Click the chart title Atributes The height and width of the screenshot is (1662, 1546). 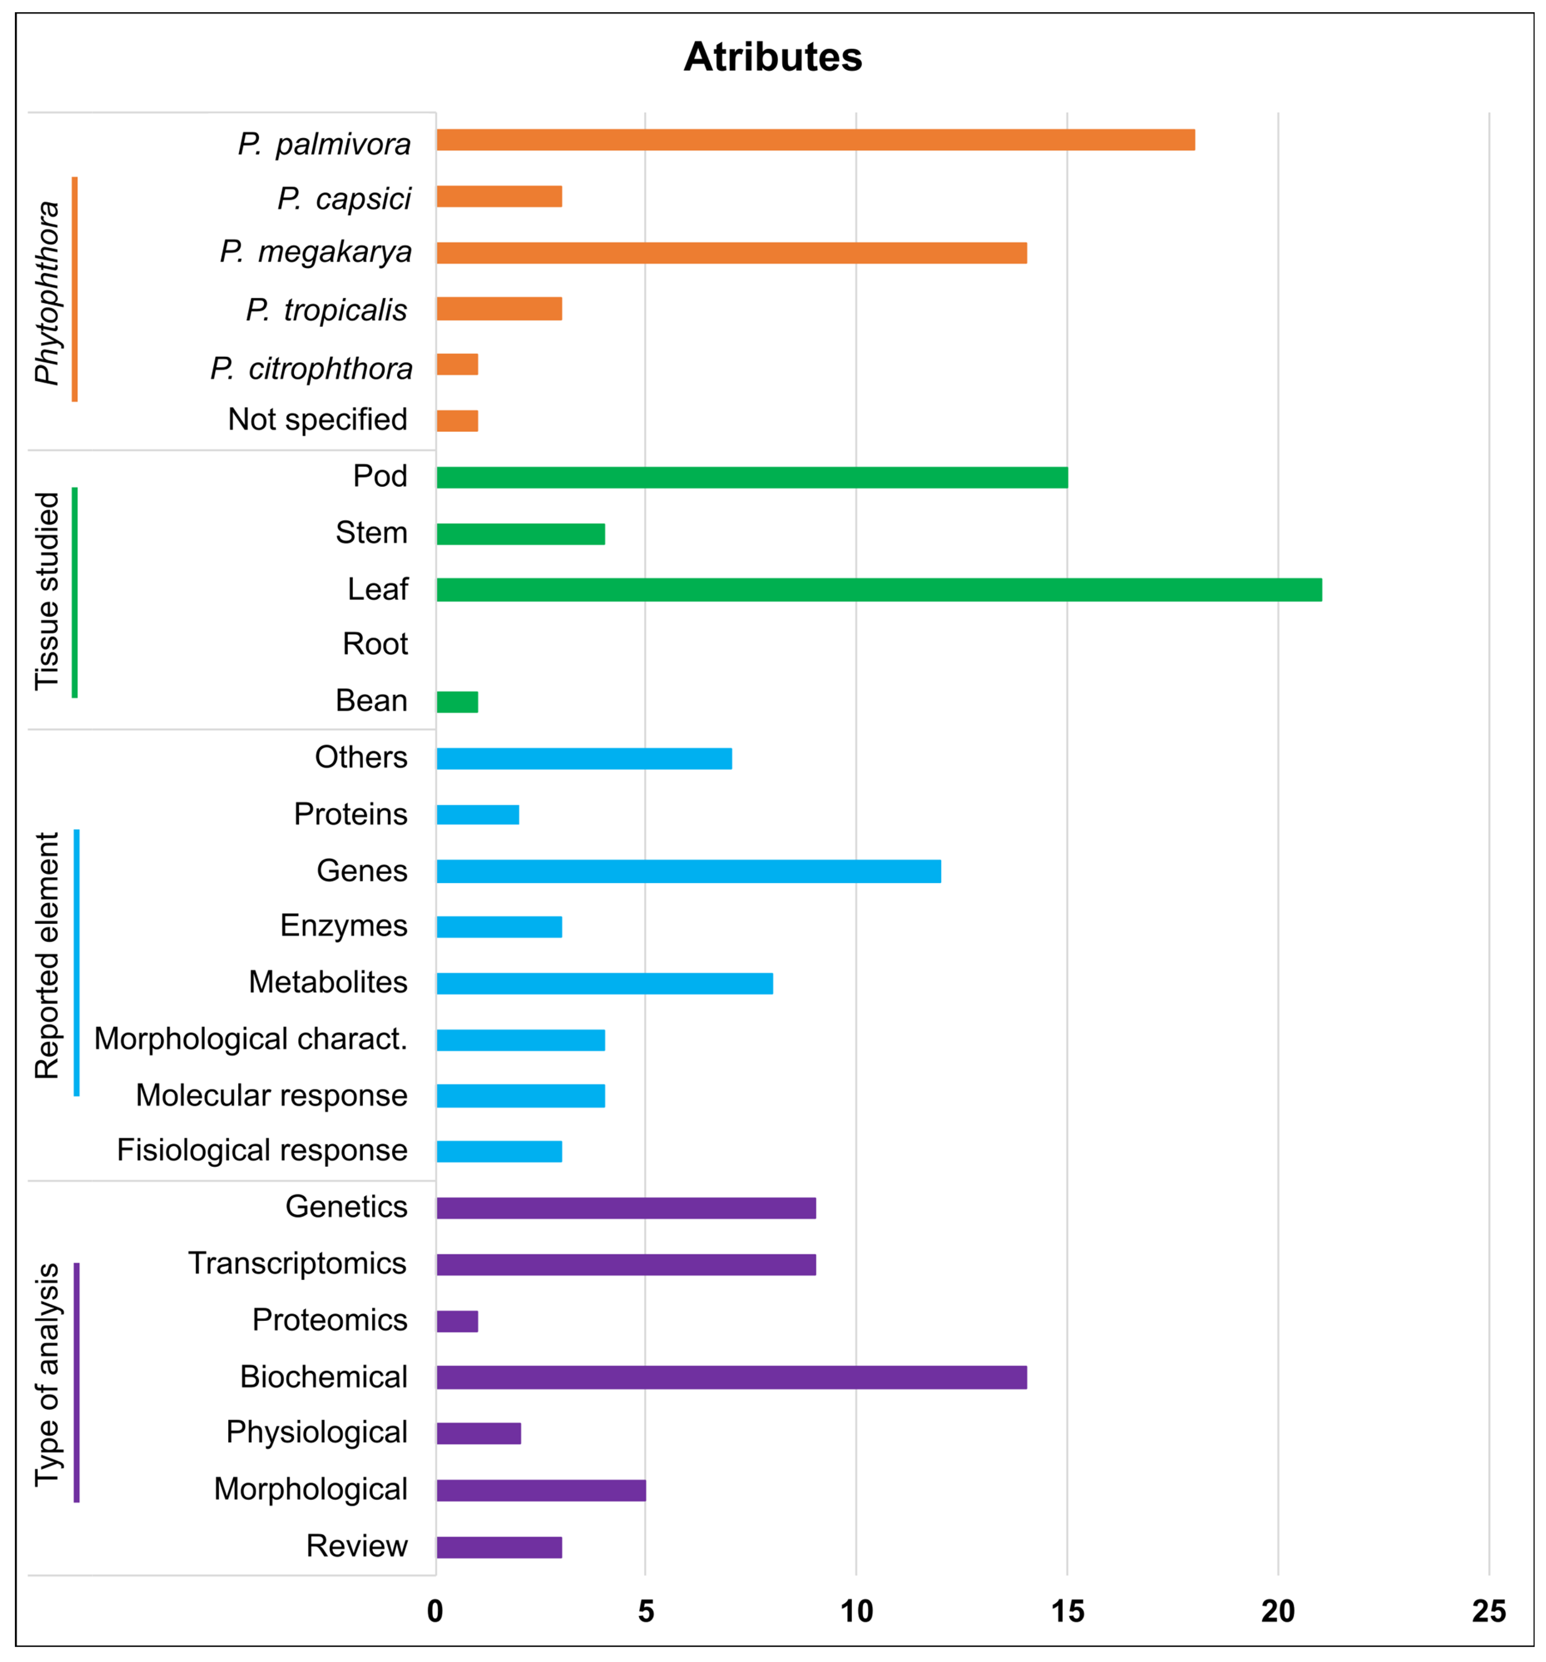click(x=773, y=57)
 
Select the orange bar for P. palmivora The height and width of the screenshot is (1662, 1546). click(x=815, y=140)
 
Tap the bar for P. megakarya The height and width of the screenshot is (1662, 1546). click(x=732, y=253)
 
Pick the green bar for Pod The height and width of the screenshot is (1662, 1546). click(x=752, y=477)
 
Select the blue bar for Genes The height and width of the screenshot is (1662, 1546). click(x=688, y=871)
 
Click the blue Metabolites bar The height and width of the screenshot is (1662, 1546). click(x=604, y=983)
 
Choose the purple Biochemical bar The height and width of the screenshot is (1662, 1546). click(x=732, y=1377)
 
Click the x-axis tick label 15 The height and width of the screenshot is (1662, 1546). click(x=1067, y=1611)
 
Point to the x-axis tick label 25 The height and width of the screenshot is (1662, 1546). click(x=1488, y=1611)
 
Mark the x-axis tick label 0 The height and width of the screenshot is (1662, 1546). click(x=435, y=1611)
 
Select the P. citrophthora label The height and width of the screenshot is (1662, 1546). click(x=311, y=368)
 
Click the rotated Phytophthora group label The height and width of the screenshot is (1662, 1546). click(x=48, y=292)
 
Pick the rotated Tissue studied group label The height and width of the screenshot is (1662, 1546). click(x=48, y=591)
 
